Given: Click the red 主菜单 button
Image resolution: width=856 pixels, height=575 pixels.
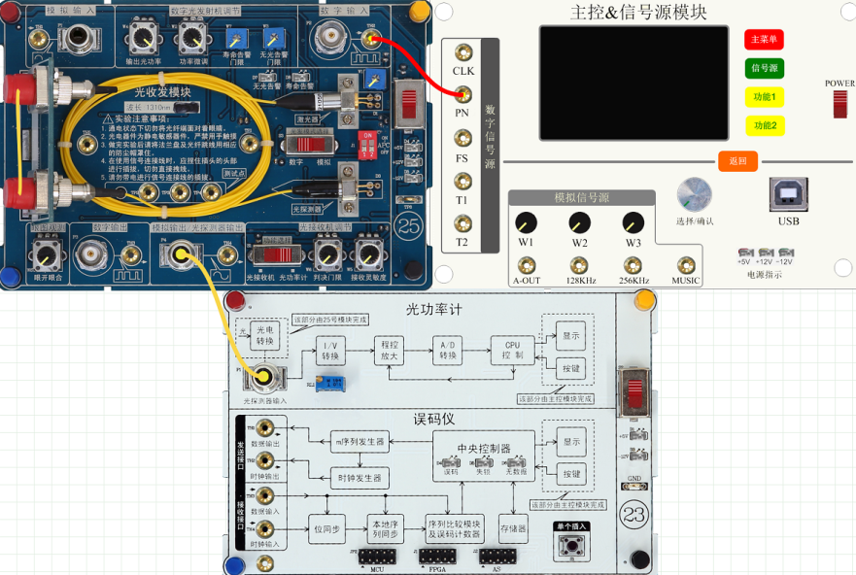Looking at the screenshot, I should pos(764,40).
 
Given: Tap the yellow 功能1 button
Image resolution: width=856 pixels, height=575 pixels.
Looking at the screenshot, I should pos(764,97).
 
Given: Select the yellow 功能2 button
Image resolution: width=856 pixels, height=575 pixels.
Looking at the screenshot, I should pos(764,125).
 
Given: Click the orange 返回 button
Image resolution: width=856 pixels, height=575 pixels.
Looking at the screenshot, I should pos(737,161).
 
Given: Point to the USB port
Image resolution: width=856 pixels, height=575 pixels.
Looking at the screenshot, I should pos(788,194).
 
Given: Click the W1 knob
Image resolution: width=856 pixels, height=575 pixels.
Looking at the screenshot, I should pos(526,221).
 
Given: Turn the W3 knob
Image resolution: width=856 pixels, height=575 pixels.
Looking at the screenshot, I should pos(633,221).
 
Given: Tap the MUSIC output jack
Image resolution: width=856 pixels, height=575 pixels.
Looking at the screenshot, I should pos(686,264).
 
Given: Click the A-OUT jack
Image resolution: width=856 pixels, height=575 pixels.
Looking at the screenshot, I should pos(526,264).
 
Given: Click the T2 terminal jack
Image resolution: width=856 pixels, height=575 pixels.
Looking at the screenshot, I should pos(462,223).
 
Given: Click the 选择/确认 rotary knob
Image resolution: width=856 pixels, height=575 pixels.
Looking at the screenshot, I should pos(694,194).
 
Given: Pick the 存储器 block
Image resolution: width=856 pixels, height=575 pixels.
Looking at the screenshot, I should pos(513,529).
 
